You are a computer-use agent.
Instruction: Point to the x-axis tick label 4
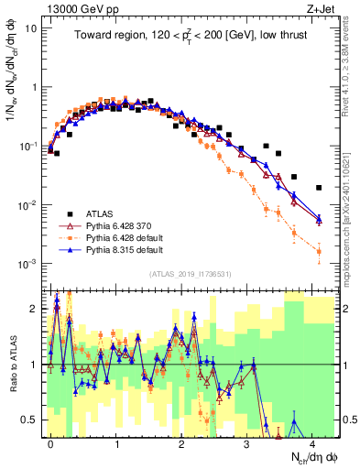point(312,442)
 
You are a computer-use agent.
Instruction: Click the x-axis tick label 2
point(181,442)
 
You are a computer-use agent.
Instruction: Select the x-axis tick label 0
point(51,442)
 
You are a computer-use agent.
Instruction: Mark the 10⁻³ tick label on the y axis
point(27,264)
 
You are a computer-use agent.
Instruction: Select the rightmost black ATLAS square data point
point(319,188)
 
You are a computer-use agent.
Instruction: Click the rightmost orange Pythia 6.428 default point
point(319,251)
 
